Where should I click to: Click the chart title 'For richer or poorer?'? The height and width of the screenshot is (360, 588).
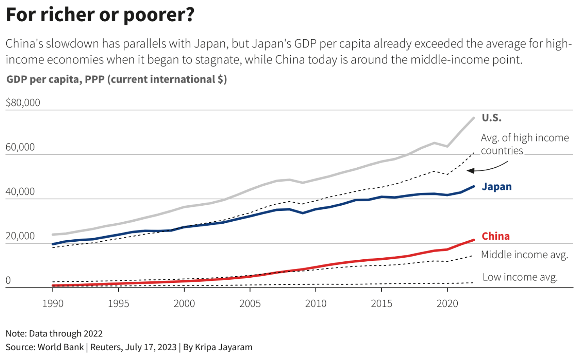[x=100, y=15]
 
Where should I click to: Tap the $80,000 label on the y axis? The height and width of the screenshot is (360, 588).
[x=23, y=103]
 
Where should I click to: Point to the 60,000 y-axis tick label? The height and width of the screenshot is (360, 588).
[x=20, y=147]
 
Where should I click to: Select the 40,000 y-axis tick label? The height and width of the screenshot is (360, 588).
[x=20, y=192]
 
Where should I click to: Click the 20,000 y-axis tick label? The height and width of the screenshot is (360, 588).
[x=20, y=236]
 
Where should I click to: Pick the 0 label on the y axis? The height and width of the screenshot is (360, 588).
[x=8, y=280]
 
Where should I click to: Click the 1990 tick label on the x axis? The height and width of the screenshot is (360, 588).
[x=53, y=304]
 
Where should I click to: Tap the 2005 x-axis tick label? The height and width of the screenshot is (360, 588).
[x=250, y=304]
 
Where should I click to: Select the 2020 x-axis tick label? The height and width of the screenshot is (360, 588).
[x=447, y=304]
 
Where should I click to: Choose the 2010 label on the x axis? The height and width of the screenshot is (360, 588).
[x=316, y=304]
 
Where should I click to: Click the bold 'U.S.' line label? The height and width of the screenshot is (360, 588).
[x=492, y=118]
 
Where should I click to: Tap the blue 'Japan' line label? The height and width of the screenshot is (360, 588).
[x=497, y=187]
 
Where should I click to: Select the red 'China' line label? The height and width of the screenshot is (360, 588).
[x=496, y=236]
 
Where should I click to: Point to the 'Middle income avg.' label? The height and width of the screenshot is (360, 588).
[x=525, y=255]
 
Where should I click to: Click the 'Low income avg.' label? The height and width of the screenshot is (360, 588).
[x=520, y=277]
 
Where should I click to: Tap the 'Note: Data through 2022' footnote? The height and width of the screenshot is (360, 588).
[x=54, y=334]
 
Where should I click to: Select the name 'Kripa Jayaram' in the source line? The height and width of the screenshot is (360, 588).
[x=224, y=347]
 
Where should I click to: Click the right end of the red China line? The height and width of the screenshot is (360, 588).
[x=473, y=240]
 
